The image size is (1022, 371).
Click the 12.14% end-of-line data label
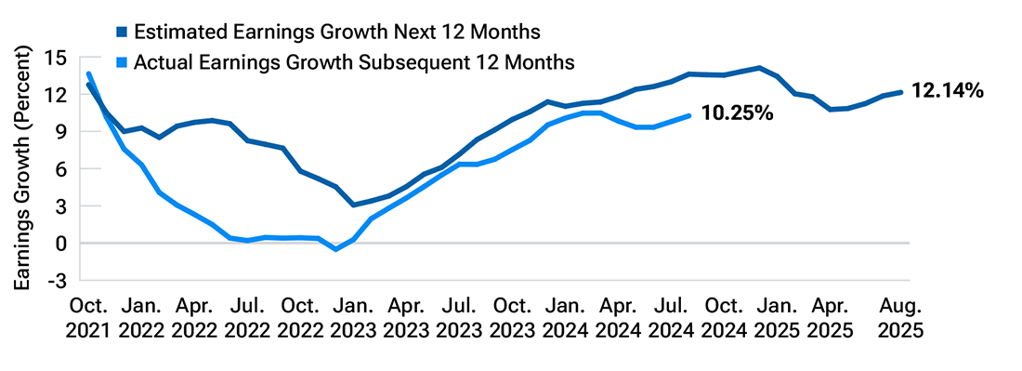point(948,91)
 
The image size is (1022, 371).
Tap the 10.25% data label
point(736,113)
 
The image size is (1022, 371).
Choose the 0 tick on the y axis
point(61,243)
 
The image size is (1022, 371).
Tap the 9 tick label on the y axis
point(61,132)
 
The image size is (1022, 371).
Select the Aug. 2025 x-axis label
point(900,317)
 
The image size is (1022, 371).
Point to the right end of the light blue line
point(688,115)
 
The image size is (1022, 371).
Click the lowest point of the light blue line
point(336,249)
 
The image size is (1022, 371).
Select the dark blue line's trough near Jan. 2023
point(354,205)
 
